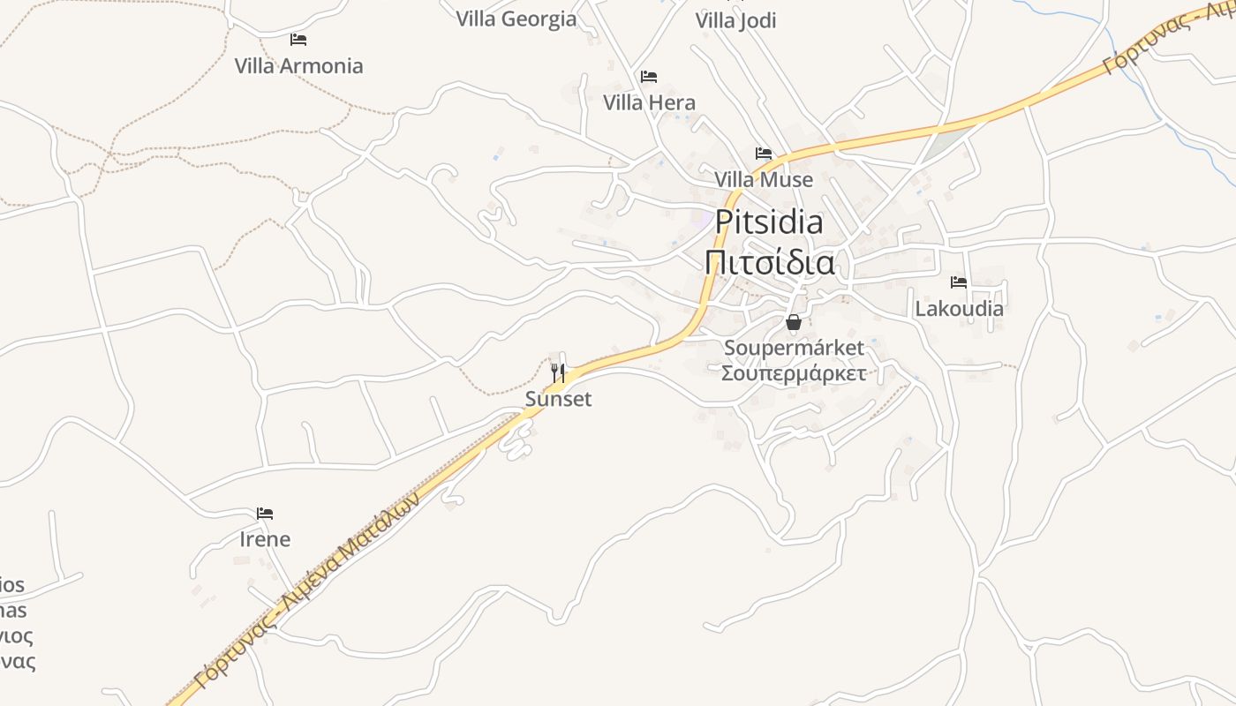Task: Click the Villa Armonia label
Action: coord(298,66)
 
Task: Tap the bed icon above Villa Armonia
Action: coord(298,40)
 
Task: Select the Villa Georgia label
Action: coord(516,19)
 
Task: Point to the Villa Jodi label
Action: coord(735,20)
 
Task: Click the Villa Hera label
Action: coord(649,103)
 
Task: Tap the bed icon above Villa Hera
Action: coord(649,77)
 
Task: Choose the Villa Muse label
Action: coord(764,180)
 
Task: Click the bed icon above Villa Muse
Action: coord(764,154)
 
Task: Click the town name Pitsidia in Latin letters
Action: coord(769,222)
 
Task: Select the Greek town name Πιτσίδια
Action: coord(769,263)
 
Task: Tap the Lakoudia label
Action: coord(959,309)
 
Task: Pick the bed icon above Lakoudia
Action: coord(959,282)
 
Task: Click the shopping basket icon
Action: coord(794,322)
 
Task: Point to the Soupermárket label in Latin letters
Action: coord(794,348)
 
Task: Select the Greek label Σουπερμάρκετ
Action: coord(794,372)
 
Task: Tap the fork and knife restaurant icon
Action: coord(558,372)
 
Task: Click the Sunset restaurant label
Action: coord(558,400)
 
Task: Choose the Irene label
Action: coord(265,539)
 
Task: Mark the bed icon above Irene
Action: coord(265,514)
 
